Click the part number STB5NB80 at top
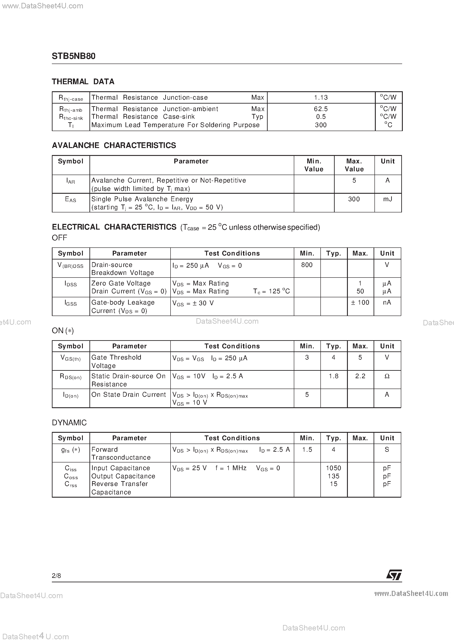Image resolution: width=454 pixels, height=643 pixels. tap(74, 56)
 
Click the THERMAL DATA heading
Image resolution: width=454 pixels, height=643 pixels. tap(83, 82)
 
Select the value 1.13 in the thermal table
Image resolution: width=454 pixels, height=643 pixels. tap(321, 97)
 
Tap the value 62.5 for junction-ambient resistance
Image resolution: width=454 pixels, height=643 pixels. tap(321, 109)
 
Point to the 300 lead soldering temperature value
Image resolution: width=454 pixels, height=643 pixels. tap(321, 125)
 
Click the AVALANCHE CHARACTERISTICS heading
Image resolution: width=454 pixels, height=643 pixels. tap(114, 145)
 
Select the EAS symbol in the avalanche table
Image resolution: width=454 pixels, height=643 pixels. tap(71, 199)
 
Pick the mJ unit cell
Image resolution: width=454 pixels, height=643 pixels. tap(388, 199)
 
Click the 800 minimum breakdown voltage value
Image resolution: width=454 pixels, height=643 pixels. tap(307, 265)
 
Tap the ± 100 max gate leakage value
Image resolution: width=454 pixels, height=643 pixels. tap(360, 302)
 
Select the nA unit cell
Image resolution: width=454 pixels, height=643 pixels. tap(387, 302)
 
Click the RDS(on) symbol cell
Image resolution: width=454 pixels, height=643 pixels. tap(71, 377)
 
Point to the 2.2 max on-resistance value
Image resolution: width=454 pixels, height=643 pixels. tap(360, 376)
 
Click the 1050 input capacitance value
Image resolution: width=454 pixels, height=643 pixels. tap(333, 468)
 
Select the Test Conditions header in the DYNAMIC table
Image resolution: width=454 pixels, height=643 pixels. tap(232, 438)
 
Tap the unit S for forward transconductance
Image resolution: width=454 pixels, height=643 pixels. tap(387, 449)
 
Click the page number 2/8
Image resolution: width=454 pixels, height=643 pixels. tap(56, 575)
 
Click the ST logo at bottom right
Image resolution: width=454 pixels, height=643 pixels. tap(394, 575)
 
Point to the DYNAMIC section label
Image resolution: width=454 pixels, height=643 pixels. tap(69, 423)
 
